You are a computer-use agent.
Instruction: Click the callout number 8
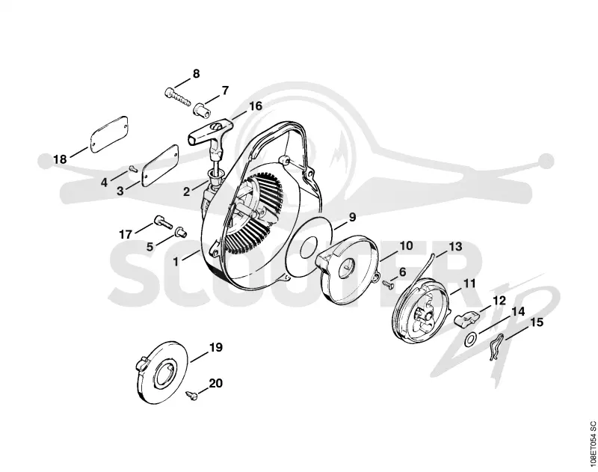click(196, 73)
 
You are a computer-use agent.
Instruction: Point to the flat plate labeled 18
click(109, 135)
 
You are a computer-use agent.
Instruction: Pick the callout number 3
click(120, 191)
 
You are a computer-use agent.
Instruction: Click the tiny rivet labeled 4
click(133, 168)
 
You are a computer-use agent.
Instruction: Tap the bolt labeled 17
click(163, 222)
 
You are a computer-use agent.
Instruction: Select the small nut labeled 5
click(180, 232)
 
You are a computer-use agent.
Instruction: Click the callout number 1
click(176, 262)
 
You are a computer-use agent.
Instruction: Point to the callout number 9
click(352, 217)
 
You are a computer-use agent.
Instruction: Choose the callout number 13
click(455, 247)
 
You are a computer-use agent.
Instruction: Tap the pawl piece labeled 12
click(466, 317)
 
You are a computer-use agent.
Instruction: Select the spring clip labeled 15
click(496, 346)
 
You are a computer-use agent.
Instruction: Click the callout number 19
click(215, 348)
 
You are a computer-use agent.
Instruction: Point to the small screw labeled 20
click(192, 396)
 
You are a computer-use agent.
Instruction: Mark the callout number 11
click(469, 283)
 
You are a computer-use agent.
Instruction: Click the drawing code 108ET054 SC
click(592, 446)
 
